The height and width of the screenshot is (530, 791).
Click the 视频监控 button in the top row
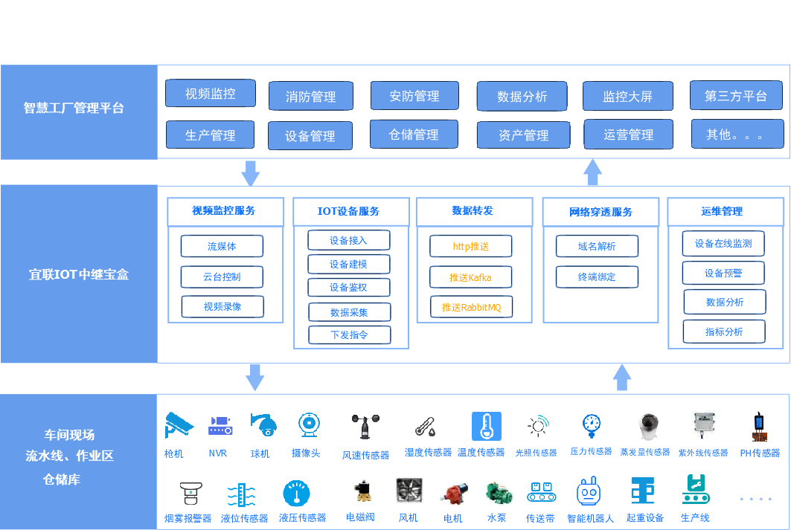211,94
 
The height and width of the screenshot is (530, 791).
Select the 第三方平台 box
736,95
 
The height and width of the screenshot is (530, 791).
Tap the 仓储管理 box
414,135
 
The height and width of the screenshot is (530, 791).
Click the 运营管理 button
629,135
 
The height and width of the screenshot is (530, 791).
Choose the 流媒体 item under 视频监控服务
222,247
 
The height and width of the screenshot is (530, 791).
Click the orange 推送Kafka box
470,277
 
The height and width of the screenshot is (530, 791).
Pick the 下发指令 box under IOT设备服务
349,335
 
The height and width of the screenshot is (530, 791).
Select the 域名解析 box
597,247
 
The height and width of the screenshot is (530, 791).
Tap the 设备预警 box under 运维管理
723,273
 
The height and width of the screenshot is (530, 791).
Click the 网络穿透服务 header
601,212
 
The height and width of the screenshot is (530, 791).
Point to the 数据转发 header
473,211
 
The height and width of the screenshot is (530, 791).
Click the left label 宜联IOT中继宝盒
79,274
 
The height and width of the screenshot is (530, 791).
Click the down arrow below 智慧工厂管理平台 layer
251,172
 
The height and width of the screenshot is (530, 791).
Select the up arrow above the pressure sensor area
622,378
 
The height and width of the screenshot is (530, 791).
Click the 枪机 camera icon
179,425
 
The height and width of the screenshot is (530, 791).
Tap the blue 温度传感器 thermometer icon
487,426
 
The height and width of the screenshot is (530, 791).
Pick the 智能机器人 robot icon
589,491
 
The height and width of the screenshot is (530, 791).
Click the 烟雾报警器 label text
188,518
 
